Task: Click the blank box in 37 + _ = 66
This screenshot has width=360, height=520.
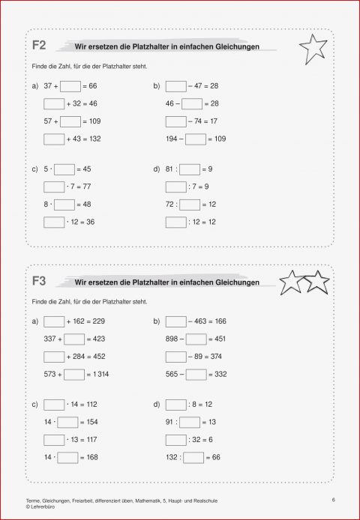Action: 70,87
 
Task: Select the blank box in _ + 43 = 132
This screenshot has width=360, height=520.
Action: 54,139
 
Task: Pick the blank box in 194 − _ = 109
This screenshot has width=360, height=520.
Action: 195,139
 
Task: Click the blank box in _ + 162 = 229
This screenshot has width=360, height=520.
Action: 54,321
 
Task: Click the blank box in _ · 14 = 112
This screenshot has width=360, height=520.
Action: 54,405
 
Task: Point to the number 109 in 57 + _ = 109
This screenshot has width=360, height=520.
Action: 97,121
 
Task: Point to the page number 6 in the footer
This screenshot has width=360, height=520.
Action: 331,499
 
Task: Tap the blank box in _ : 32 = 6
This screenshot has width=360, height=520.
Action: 176,439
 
